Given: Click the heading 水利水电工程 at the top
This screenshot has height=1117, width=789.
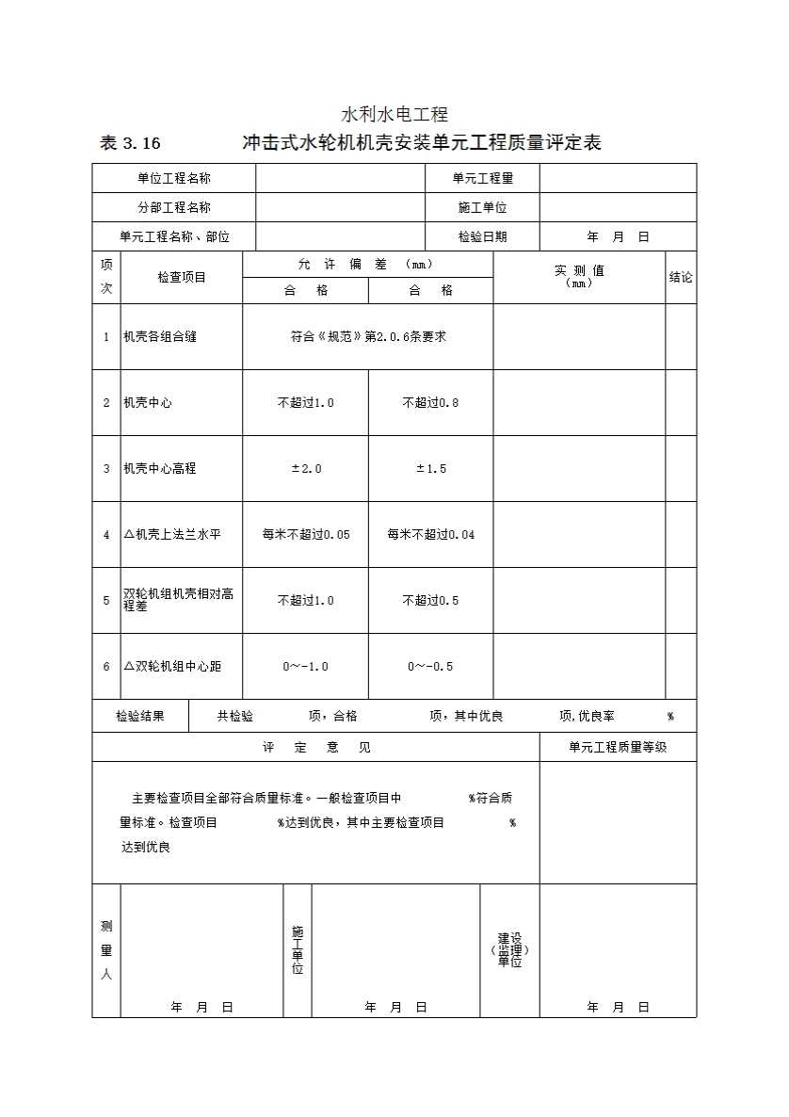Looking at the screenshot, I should [x=394, y=115].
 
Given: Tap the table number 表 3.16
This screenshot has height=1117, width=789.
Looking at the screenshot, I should [x=130, y=144].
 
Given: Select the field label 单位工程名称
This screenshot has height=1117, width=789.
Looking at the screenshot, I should [x=174, y=178].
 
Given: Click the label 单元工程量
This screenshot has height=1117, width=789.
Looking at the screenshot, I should [x=482, y=178].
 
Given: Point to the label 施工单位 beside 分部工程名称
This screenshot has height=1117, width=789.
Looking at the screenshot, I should [x=482, y=207].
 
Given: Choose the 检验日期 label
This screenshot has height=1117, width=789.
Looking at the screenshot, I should [x=482, y=236].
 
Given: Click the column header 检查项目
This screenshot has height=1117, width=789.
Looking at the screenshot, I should [x=182, y=277].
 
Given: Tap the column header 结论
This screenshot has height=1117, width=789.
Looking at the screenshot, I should [x=681, y=277].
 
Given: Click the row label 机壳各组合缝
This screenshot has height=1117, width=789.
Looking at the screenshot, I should [x=160, y=336].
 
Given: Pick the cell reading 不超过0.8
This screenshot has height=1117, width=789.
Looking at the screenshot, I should [x=430, y=402].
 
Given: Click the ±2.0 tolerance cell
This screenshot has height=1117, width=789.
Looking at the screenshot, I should [x=305, y=468].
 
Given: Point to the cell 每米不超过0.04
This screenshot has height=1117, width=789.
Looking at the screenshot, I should [x=430, y=534].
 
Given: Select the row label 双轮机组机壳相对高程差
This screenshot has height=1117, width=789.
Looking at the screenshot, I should [x=179, y=600].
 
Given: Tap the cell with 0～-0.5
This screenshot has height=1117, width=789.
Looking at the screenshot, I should [x=430, y=666].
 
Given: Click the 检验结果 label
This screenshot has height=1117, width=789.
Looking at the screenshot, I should [x=140, y=716].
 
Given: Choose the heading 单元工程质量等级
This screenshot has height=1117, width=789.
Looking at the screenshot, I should [x=618, y=747].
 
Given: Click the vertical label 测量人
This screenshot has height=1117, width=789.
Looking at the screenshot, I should [x=106, y=950].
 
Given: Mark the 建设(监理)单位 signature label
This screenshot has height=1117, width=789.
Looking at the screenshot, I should [x=509, y=950].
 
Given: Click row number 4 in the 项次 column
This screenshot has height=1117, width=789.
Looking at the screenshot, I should [x=106, y=534].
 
